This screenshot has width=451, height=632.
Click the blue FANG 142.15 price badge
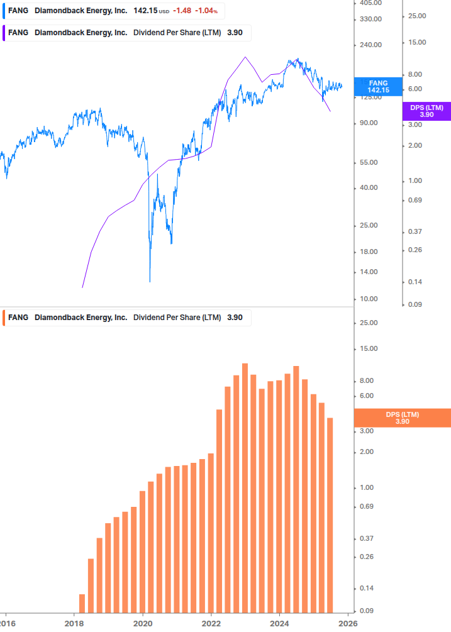[x=378, y=86]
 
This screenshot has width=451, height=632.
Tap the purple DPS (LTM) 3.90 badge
[x=426, y=111]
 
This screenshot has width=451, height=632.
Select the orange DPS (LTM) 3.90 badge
[x=403, y=418]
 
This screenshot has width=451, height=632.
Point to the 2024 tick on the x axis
[x=279, y=623]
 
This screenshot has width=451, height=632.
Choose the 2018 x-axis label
[x=74, y=623]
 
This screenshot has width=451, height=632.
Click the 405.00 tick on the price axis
[x=372, y=3]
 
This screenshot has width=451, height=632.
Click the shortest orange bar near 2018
[x=82, y=602]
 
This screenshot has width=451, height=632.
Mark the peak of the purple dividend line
[x=245, y=58]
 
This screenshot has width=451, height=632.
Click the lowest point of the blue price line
[x=150, y=281]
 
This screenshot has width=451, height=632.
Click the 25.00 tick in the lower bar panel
[x=370, y=323]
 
